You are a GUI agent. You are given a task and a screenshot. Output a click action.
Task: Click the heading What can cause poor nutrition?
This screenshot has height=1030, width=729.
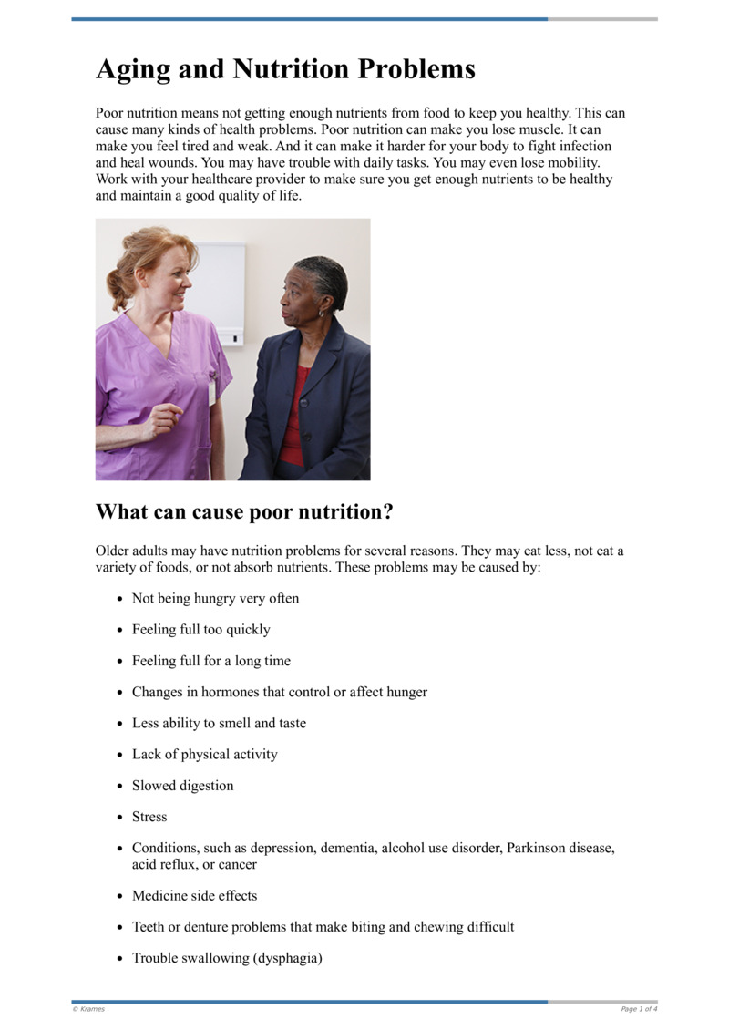click(244, 512)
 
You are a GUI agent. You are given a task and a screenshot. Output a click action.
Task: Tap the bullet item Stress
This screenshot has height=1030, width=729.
click(149, 817)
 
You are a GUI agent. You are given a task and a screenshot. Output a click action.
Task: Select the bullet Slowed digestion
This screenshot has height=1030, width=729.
click(182, 786)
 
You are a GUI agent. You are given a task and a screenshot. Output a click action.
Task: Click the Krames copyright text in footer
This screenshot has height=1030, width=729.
click(88, 1009)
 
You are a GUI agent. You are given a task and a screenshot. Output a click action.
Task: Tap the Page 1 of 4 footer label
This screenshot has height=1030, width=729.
click(639, 1009)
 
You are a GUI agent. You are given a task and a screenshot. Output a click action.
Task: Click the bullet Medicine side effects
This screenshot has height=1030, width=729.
click(194, 896)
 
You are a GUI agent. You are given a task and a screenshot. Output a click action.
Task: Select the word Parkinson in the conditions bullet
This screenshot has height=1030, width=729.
click(543, 848)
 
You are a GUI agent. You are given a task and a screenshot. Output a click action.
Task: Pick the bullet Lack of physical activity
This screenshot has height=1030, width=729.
click(204, 755)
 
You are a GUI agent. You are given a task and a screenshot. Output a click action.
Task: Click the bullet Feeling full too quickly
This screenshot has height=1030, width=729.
click(200, 630)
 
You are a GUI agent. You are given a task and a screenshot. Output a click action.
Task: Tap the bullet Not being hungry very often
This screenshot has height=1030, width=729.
click(215, 599)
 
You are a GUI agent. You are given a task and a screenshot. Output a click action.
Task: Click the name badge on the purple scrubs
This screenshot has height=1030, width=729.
click(212, 391)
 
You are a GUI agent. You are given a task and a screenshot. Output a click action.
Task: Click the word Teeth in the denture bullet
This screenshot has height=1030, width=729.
click(149, 927)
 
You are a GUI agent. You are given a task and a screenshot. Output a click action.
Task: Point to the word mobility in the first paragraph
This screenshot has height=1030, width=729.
click(572, 163)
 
